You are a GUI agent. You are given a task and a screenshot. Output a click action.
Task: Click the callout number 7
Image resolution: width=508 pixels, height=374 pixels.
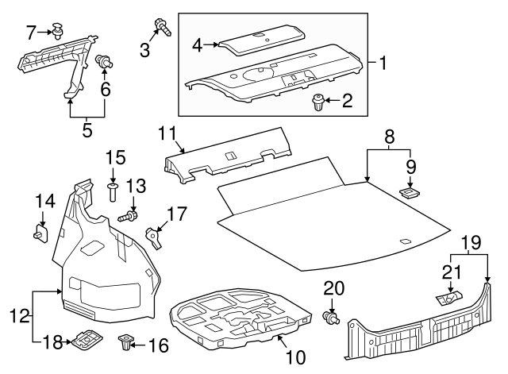pyautogui.click(x=31, y=33)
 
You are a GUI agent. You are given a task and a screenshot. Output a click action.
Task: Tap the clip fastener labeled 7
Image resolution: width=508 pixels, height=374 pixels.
pyautogui.click(x=58, y=31)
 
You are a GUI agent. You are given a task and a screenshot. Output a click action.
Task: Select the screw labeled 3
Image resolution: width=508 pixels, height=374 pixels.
pyautogui.click(x=164, y=28)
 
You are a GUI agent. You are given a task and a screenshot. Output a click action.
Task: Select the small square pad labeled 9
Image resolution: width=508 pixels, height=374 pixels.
pyautogui.click(x=410, y=191)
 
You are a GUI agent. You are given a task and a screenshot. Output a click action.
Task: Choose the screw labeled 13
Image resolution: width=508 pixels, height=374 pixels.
pyautogui.click(x=127, y=216)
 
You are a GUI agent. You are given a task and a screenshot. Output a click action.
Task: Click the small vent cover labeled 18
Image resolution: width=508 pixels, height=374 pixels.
pyautogui.click(x=84, y=341)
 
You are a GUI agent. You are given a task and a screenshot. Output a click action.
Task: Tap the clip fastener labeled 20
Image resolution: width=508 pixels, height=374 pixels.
pyautogui.click(x=333, y=318)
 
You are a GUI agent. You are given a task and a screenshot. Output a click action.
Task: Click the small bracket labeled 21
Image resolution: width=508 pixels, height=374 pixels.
pyautogui.click(x=445, y=298)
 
